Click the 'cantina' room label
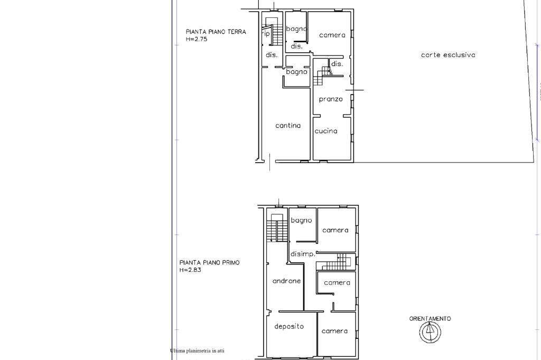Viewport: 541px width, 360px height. click(288, 126)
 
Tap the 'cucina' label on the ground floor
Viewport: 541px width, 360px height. click(325, 131)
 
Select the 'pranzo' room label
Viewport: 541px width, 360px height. click(331, 99)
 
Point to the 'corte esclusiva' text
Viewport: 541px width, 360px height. click(448, 55)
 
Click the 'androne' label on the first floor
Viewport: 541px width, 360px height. click(286, 281)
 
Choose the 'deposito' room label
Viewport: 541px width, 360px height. click(289, 326)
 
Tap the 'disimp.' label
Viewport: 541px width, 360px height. click(303, 254)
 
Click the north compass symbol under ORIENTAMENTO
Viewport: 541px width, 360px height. click(430, 332)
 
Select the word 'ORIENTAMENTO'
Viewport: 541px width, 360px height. click(430, 319)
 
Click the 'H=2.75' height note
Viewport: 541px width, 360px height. click(197, 39)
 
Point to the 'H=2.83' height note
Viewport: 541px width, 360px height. click(190, 270)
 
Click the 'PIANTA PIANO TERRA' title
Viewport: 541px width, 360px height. click(216, 32)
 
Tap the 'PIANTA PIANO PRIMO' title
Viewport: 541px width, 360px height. click(209, 263)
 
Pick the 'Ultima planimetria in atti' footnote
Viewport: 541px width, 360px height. click(198, 351)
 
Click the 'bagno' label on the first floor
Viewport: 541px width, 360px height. click(301, 220)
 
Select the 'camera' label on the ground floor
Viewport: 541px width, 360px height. click(332, 35)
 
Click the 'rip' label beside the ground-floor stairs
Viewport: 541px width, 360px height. click(266, 34)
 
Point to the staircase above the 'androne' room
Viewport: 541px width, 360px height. click(277, 228)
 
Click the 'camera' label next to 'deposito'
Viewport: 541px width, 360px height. click(334, 331)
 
